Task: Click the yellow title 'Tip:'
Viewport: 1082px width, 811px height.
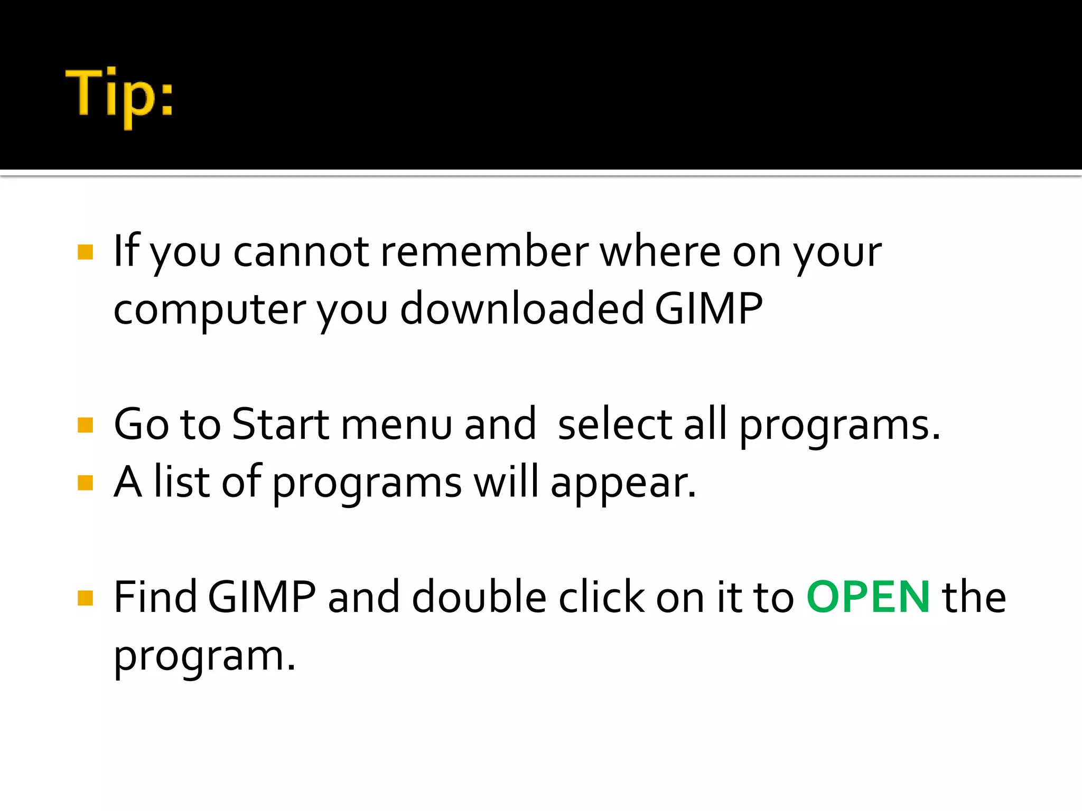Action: click(x=119, y=95)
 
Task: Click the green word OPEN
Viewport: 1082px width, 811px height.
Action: click(x=868, y=597)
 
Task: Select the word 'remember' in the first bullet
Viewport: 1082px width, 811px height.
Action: click(x=484, y=251)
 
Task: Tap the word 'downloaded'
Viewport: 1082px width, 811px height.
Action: click(x=522, y=309)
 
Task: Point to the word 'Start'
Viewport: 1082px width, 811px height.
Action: click(x=281, y=424)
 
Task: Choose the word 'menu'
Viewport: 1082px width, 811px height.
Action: click(x=397, y=425)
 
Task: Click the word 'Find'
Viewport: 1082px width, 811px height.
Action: click(x=155, y=597)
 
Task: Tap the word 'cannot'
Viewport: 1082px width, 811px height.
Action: click(x=301, y=251)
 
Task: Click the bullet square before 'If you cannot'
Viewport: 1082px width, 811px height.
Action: click(x=85, y=252)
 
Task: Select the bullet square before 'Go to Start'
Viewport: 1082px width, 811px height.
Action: click(x=85, y=425)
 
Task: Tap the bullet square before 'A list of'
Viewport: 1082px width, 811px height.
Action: click(x=85, y=483)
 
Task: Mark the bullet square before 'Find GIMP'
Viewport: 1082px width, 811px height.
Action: click(x=85, y=598)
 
